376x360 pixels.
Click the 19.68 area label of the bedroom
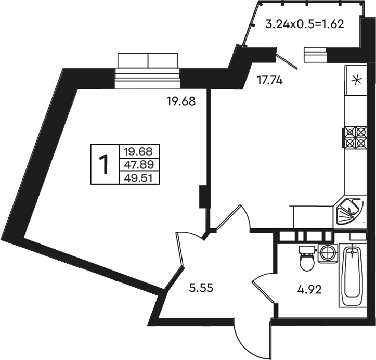181,101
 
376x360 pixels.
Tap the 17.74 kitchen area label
270,80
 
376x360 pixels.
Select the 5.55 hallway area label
201,288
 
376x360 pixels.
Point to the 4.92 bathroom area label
309,290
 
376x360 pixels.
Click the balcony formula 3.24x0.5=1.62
305,24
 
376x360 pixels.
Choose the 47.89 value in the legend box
139,165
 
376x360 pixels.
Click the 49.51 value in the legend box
139,178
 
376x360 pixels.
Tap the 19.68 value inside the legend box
139,151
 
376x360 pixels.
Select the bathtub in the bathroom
353,276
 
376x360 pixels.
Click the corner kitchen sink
349,211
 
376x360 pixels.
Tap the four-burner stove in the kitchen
355,138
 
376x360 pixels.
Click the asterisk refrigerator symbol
356,80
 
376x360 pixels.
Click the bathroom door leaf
264,293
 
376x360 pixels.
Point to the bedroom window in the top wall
148,71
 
